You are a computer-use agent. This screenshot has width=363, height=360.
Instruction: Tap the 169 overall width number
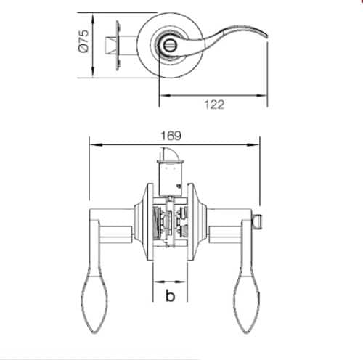[x=172, y=136]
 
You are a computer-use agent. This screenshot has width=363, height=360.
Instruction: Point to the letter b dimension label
[x=171, y=295]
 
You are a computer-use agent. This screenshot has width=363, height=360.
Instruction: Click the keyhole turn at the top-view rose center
[x=169, y=44]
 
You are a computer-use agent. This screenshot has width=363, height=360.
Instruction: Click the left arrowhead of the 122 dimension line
[x=162, y=96]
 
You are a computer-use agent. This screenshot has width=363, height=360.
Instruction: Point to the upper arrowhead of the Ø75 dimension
[x=93, y=17]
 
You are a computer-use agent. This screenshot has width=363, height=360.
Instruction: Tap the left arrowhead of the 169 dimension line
[x=91, y=143]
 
